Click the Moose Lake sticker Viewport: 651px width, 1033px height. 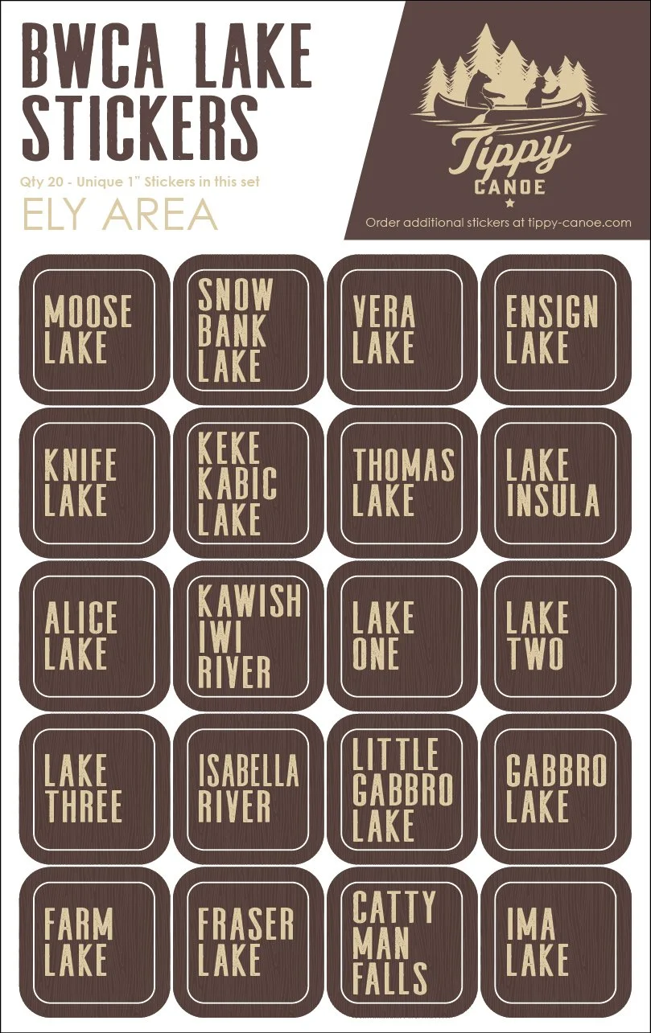click(94, 330)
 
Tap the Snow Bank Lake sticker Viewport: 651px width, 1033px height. click(248, 330)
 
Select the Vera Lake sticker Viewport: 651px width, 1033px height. click(402, 330)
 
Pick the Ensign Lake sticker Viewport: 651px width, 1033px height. click(555, 330)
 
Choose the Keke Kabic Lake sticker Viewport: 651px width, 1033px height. click(248, 482)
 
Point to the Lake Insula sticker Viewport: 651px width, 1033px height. click(555, 482)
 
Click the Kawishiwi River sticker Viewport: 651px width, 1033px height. click(248, 635)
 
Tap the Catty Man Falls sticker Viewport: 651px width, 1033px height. click(402, 941)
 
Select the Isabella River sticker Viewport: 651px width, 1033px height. click(248, 789)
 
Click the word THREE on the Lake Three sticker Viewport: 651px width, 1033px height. click(83, 806)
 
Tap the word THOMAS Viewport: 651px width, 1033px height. click(403, 465)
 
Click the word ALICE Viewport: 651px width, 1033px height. click(80, 618)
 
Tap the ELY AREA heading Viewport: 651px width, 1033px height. click(120, 214)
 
